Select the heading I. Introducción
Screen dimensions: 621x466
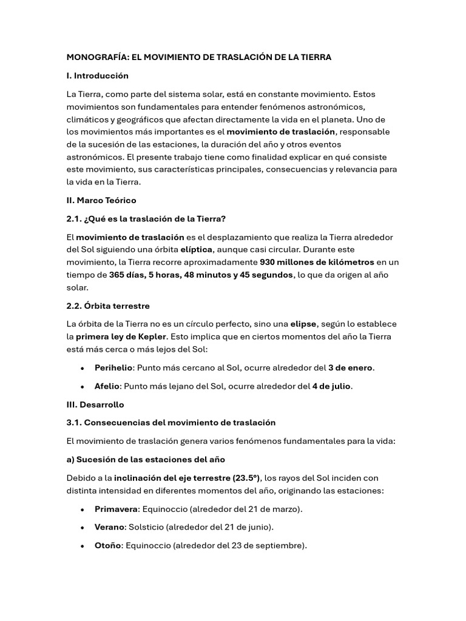click(x=98, y=76)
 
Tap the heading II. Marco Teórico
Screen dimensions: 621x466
click(x=101, y=200)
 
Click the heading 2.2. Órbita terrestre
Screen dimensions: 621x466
click(x=108, y=306)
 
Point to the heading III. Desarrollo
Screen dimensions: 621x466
click(x=95, y=404)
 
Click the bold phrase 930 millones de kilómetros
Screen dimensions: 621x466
click(x=317, y=263)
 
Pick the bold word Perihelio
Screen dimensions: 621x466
click(x=113, y=368)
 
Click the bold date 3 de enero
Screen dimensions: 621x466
click(x=351, y=368)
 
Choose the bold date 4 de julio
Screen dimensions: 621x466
click(x=332, y=386)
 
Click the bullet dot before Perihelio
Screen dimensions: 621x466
click(x=82, y=368)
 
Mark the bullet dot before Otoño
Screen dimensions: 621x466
click(x=82, y=546)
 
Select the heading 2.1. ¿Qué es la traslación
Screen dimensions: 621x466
click(x=147, y=218)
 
